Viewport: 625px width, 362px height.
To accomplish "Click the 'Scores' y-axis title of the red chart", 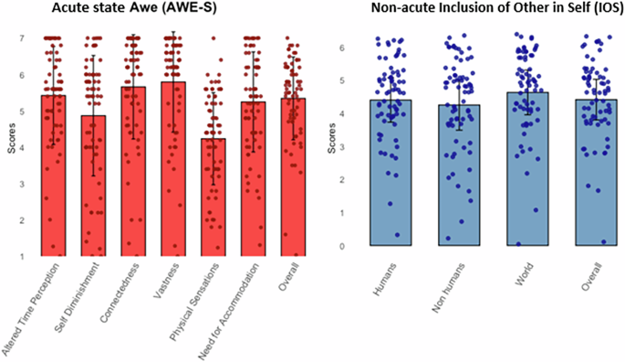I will (9, 146).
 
